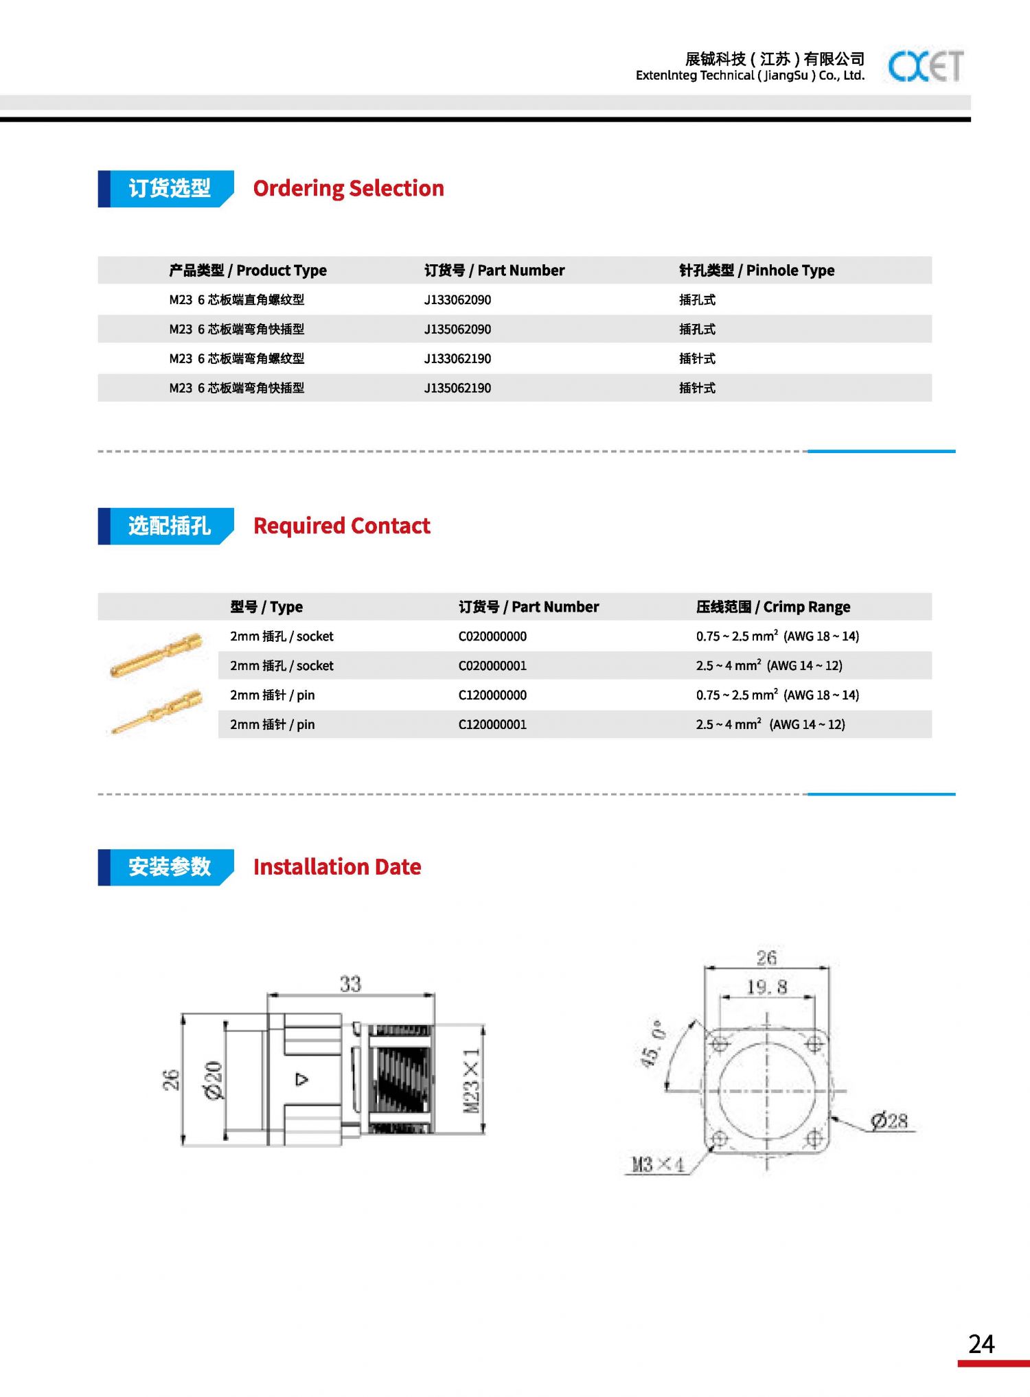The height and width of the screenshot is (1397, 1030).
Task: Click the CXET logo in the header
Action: point(925,67)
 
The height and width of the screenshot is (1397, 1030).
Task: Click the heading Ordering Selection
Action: point(348,188)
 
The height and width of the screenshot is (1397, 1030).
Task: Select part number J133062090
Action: point(457,300)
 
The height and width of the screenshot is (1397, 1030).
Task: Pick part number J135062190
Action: point(457,388)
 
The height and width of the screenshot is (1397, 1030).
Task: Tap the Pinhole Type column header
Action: point(756,270)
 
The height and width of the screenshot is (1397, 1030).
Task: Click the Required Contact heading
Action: point(341,526)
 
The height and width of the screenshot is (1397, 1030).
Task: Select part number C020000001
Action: point(492,666)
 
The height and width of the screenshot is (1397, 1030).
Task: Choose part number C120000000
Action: point(492,695)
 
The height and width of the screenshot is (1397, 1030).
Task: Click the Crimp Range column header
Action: point(772,607)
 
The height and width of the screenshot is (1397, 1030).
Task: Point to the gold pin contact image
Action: point(158,712)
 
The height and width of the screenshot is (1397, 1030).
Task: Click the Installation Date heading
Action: point(336,867)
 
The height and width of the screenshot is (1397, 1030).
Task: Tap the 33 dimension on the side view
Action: point(350,984)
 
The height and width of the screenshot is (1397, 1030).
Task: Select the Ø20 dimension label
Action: point(214,1080)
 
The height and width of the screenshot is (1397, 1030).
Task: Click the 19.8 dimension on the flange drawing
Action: point(766,988)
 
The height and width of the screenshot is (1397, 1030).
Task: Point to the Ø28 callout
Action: point(889,1121)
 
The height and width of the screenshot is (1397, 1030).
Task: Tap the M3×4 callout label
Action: point(657,1164)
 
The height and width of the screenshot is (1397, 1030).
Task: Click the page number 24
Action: point(981,1343)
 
